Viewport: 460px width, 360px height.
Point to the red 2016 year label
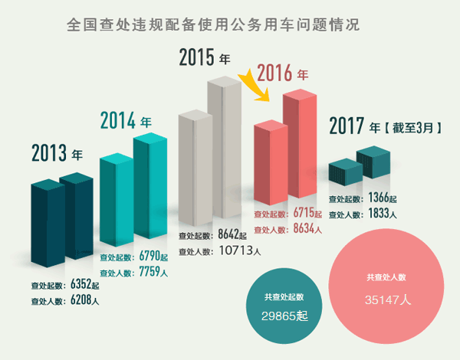click(282, 74)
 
